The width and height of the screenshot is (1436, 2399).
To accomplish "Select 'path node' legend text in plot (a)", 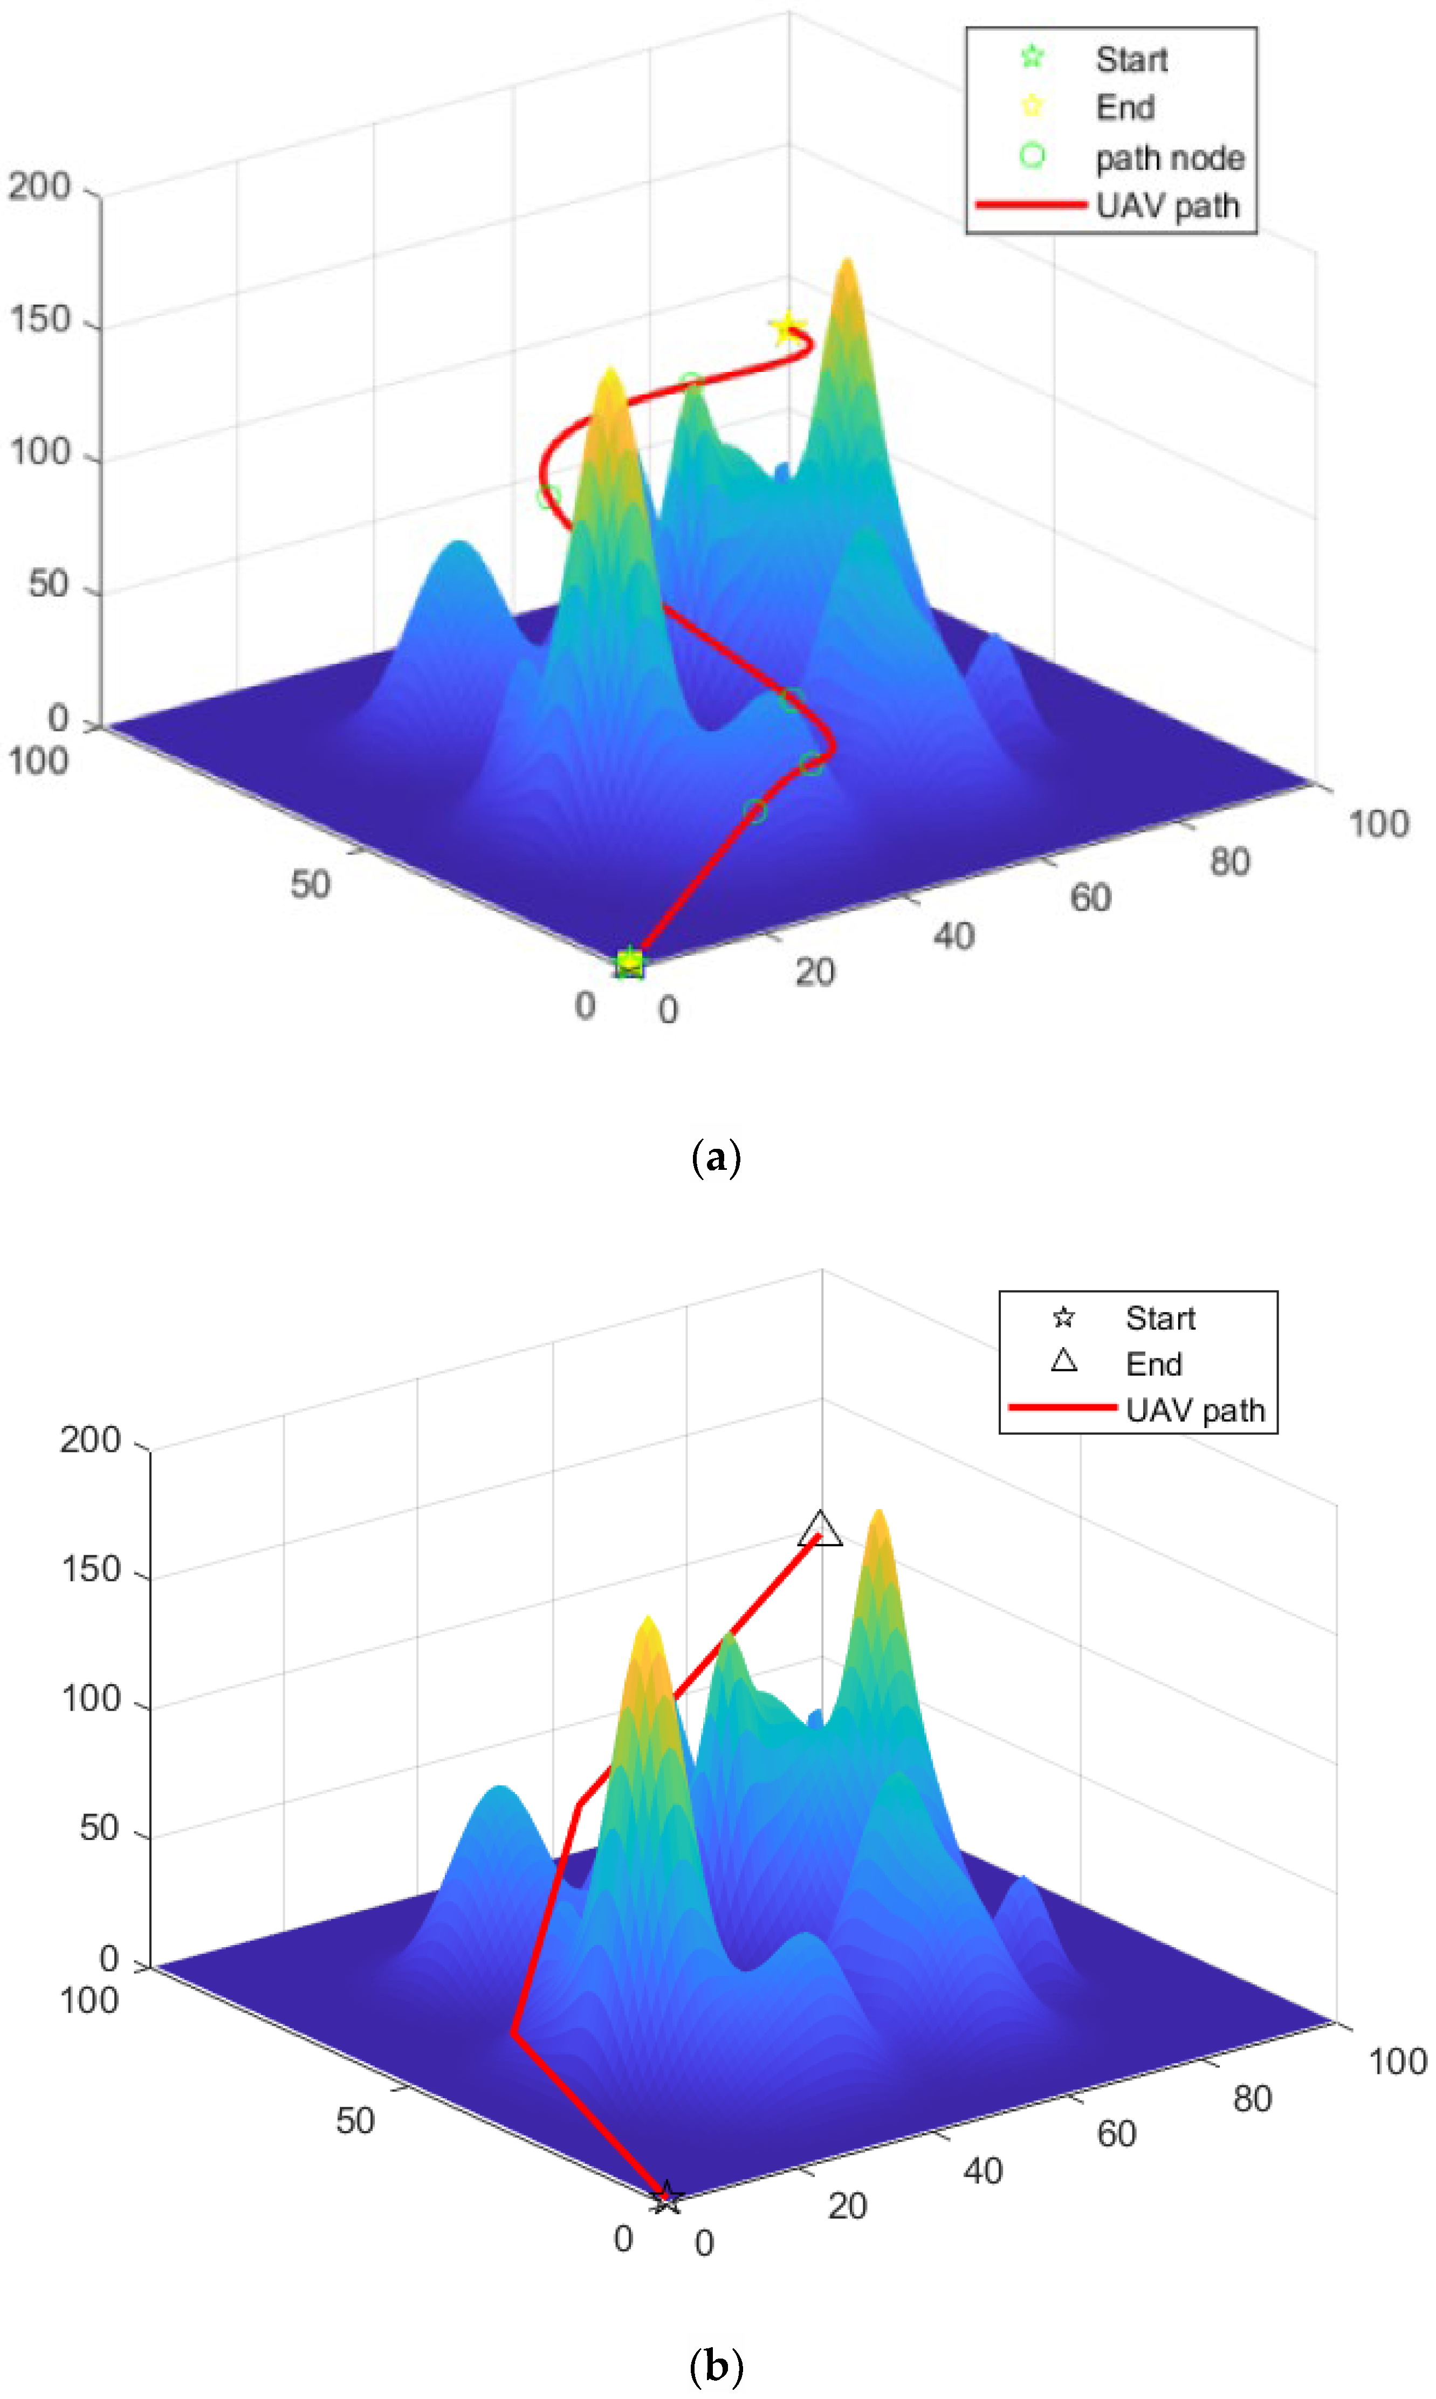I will (x=1169, y=157).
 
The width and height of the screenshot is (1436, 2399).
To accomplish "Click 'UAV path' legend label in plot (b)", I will (x=1195, y=1410).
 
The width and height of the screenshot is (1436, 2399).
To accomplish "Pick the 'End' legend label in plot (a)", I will (x=1124, y=107).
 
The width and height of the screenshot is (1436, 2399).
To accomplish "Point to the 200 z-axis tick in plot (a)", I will (x=40, y=187).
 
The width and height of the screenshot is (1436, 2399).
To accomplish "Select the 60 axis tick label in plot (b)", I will (x=1116, y=2134).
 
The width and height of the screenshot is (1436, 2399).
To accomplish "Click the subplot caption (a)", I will (x=716, y=1157).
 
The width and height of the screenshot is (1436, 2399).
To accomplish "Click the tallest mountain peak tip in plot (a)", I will (x=848, y=260).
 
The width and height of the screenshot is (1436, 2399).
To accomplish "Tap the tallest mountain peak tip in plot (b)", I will (x=878, y=1512).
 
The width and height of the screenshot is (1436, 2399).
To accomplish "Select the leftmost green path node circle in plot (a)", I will (x=548, y=497).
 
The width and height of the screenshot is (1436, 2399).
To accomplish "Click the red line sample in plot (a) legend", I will (x=1030, y=205).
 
